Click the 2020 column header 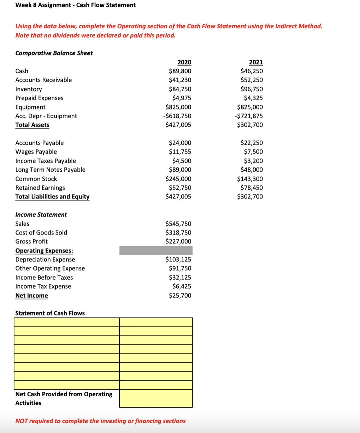tap(184, 62)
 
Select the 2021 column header tap(256, 62)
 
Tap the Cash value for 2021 tap(251, 71)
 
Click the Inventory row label tap(29, 89)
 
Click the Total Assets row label tap(32, 125)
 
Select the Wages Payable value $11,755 tap(180, 152)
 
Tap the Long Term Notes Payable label tap(50, 170)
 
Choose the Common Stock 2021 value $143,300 tap(250, 179)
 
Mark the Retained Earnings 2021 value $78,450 tap(251, 188)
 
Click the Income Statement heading tap(41, 214)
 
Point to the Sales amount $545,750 tap(178, 224)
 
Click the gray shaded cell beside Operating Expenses tap(156, 250)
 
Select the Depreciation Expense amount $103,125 tap(178, 260)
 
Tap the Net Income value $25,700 tap(180, 295)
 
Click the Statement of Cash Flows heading tap(50, 313)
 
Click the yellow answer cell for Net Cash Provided tap(156, 398)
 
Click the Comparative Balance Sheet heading tap(54, 53)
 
